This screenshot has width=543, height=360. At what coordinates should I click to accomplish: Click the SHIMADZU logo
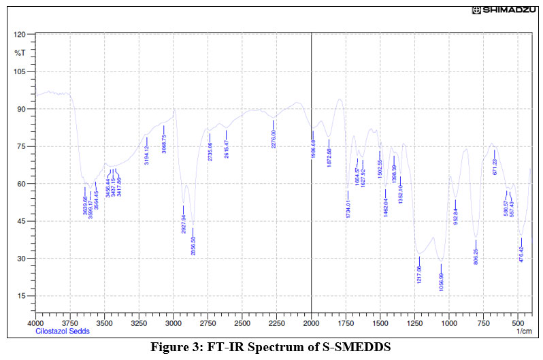tap(506, 10)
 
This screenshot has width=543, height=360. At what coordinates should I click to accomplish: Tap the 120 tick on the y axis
tap(20, 34)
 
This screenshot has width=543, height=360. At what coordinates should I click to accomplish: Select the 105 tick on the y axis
tap(20, 71)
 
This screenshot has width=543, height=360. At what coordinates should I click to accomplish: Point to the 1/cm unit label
tap(524, 331)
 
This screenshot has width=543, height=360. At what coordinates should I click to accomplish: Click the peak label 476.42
tap(521, 253)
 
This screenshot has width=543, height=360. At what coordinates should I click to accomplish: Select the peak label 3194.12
tap(147, 156)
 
